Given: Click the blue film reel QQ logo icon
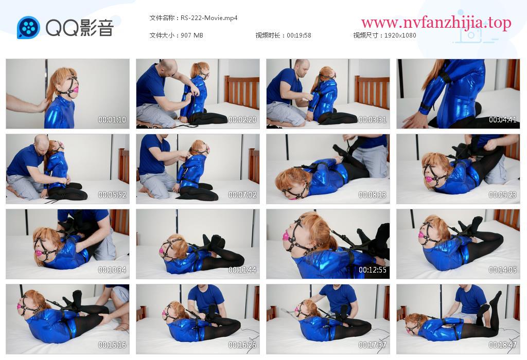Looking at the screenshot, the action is (x=29, y=28).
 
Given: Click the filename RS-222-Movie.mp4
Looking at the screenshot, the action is (x=209, y=18).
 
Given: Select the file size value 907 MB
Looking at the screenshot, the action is (x=192, y=35).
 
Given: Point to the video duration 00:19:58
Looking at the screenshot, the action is (x=299, y=35).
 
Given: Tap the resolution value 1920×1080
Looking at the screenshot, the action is (x=400, y=35).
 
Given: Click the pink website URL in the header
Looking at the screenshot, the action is (x=436, y=23).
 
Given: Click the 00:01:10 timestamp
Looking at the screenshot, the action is (x=112, y=119).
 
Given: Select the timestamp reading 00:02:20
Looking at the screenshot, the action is (x=242, y=119).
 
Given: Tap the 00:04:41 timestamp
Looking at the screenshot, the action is (x=502, y=119).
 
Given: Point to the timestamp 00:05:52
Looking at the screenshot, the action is (x=112, y=195).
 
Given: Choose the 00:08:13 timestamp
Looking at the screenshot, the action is (x=373, y=195).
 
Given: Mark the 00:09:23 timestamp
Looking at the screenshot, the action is (x=502, y=195).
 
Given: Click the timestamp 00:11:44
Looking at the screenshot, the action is (x=242, y=269).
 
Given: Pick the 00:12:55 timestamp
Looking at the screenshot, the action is (x=373, y=269).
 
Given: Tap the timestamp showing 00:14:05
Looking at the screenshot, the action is (x=502, y=269).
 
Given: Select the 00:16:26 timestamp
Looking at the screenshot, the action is (x=242, y=345).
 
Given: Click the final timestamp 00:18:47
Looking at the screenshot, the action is (x=502, y=345).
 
